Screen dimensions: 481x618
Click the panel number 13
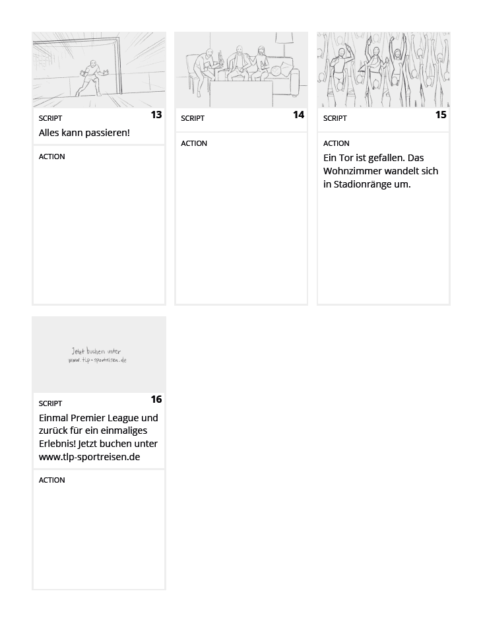coord(156,115)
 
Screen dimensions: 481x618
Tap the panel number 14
coord(299,115)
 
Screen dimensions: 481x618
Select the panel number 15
coord(441,115)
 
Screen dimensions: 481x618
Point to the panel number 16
coord(156,399)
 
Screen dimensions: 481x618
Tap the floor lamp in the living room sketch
coord(284,44)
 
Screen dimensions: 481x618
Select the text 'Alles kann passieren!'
coord(84,133)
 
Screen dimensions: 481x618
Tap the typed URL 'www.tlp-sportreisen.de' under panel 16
coord(90,457)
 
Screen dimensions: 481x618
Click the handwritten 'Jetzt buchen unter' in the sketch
coord(96,351)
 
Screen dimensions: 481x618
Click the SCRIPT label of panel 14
coord(193,118)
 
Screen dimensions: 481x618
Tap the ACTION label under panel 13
coord(51,156)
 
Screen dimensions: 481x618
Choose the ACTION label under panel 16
coord(51,480)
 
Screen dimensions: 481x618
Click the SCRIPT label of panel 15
coord(335,118)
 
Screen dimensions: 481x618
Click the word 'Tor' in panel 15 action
coord(346,158)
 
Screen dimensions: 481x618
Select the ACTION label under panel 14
coord(194,143)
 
